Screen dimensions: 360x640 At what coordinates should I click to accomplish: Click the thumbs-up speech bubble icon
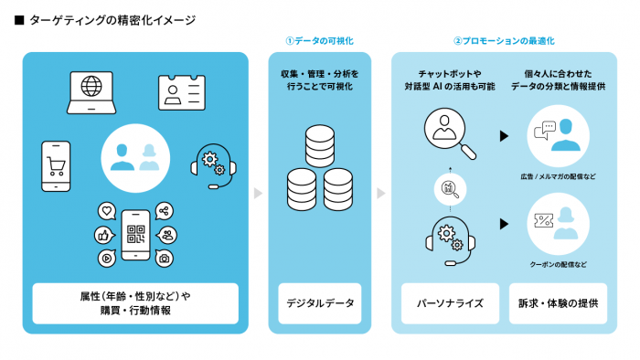pos(102,235)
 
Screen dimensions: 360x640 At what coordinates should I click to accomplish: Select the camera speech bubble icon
pos(165,258)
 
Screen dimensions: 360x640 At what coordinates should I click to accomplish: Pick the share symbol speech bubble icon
pos(165,211)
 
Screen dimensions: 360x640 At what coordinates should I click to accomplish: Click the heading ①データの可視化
pos(319,41)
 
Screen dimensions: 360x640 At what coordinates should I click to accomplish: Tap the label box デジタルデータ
pos(319,302)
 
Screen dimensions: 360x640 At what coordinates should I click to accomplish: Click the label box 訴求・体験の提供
pos(557,302)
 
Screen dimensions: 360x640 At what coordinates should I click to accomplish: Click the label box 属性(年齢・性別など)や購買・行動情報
pos(135,302)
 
